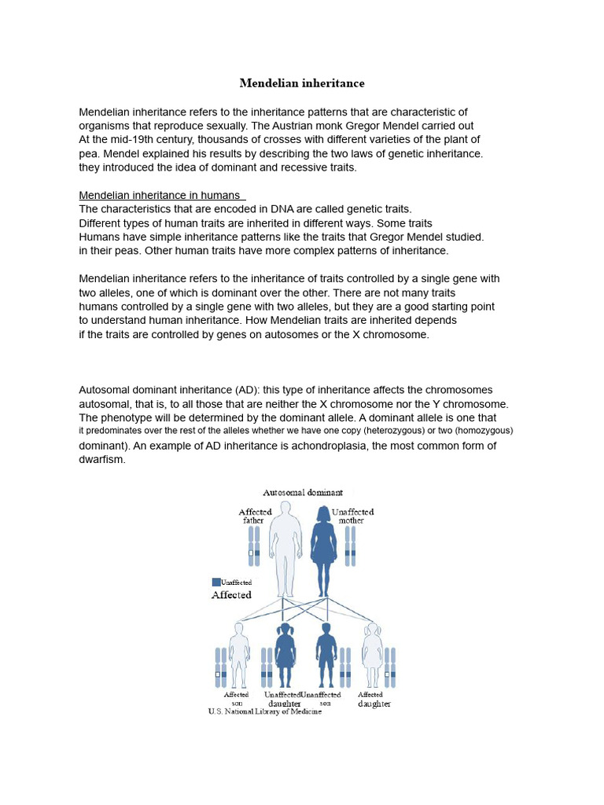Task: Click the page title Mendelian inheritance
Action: tap(302, 83)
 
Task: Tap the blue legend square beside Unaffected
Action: tap(216, 582)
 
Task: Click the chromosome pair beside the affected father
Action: tap(254, 546)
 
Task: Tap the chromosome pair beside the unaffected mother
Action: tap(351, 546)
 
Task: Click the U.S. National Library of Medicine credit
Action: tap(264, 711)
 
